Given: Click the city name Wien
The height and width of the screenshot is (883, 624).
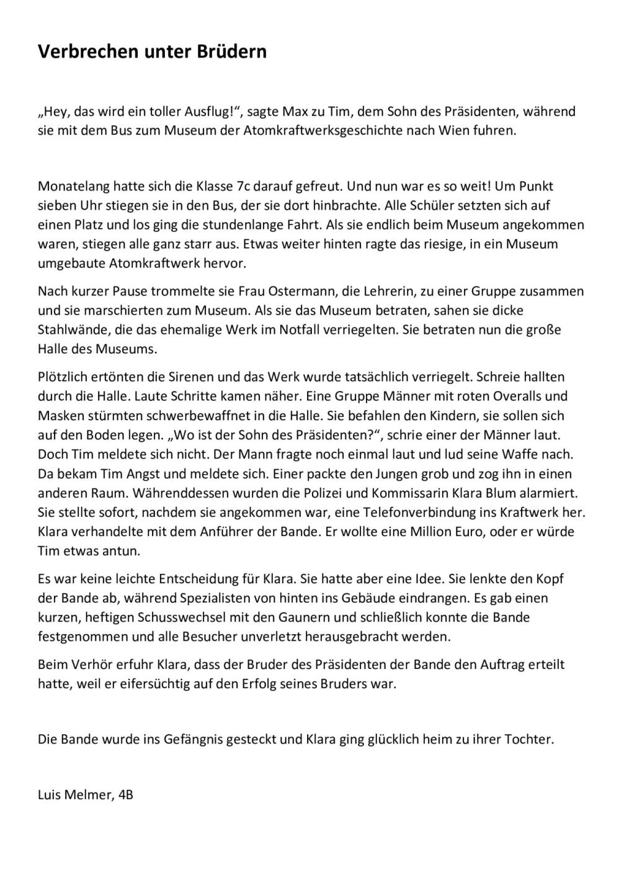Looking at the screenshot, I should (x=462, y=131).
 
